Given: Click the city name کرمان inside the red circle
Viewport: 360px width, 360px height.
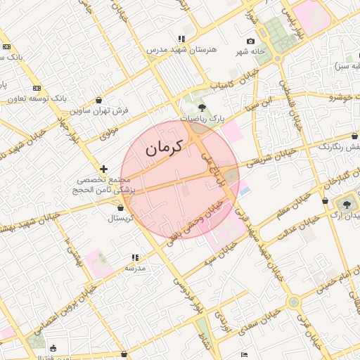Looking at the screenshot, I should (164, 148).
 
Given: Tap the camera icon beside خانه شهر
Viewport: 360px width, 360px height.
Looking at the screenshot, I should (251, 41).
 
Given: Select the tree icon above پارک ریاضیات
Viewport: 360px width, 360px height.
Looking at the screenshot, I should (202, 108).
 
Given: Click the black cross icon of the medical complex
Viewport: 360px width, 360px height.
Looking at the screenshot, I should (104, 169).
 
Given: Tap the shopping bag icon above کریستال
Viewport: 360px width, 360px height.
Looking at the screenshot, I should (121, 207).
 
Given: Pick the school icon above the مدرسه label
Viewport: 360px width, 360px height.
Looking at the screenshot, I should (135, 258).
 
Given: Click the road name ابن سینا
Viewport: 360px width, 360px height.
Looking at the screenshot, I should (257, 105).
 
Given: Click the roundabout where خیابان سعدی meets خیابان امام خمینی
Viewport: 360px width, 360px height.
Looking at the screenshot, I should (294, 302).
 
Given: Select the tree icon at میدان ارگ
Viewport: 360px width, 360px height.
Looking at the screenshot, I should (349, 205).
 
